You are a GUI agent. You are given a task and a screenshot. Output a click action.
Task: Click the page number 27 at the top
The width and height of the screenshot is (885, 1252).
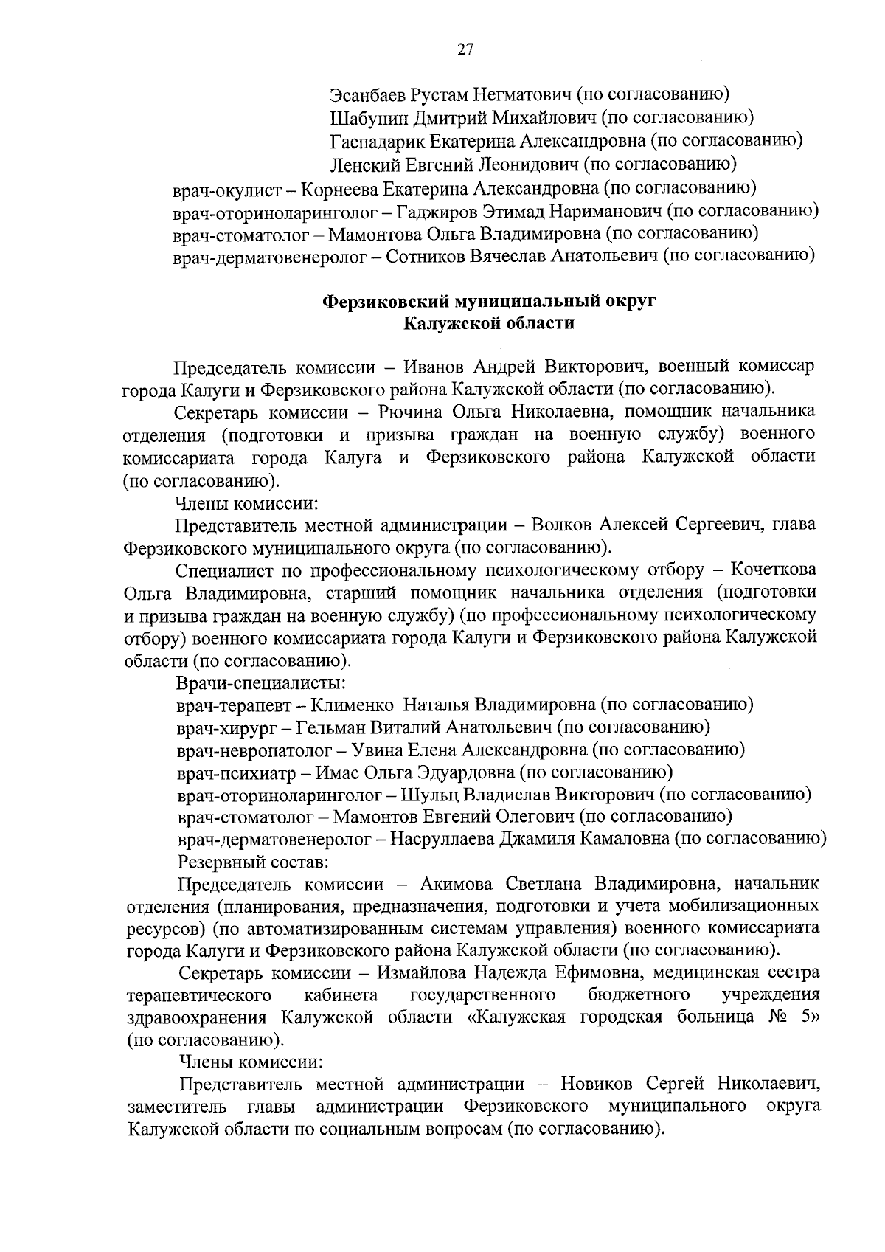(x=465, y=50)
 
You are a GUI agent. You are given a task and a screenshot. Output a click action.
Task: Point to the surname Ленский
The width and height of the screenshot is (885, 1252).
(x=362, y=163)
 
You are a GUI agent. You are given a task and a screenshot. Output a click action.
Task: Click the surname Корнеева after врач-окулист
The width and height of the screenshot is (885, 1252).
(x=338, y=188)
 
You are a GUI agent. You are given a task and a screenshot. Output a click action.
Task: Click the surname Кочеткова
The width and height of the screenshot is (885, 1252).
(x=774, y=570)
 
